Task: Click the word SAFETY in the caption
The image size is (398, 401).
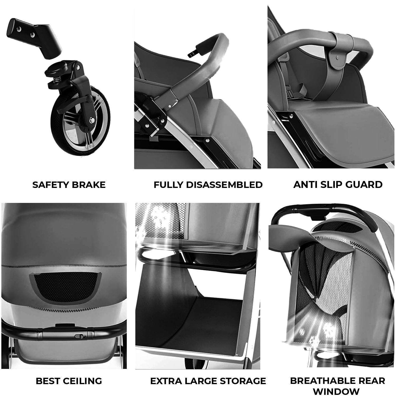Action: click(x=50, y=185)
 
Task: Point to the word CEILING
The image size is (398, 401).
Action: click(x=82, y=381)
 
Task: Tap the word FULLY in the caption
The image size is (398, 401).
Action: click(x=168, y=185)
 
